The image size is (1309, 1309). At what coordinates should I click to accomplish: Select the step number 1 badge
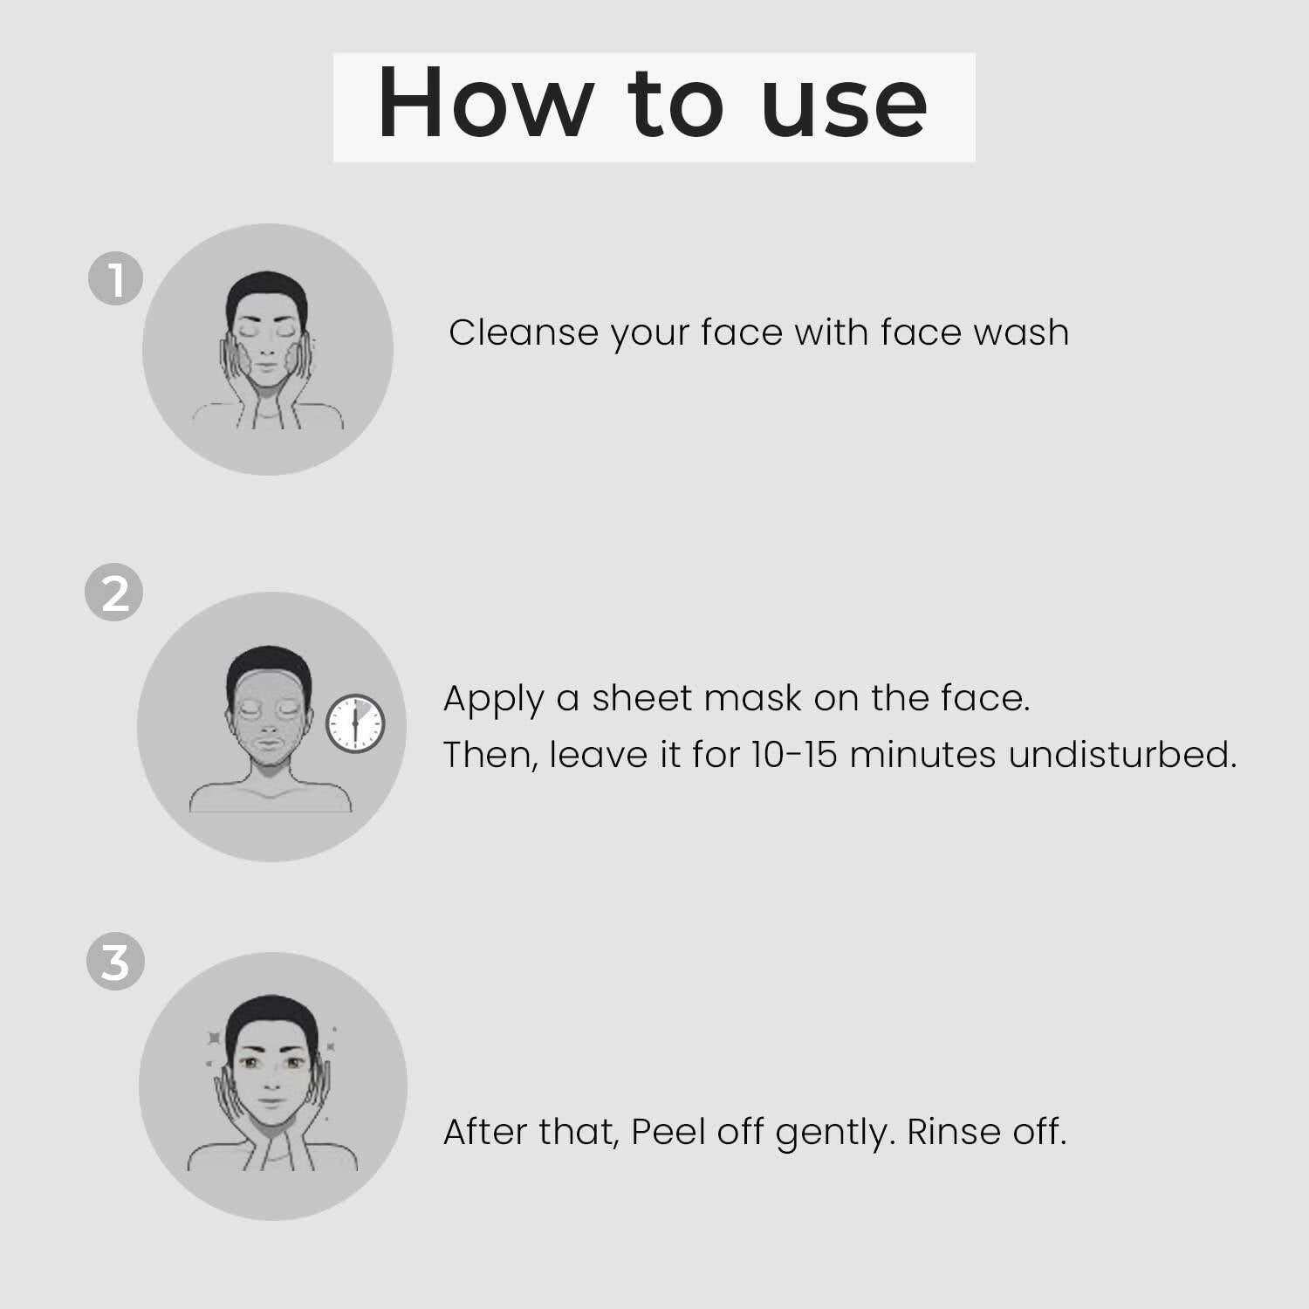[x=115, y=279]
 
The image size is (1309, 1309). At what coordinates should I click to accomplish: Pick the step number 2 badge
[x=114, y=593]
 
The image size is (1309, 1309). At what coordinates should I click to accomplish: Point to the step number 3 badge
[x=115, y=963]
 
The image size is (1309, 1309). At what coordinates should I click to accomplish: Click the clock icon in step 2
[x=355, y=723]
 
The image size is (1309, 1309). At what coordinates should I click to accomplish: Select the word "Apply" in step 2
[x=493, y=699]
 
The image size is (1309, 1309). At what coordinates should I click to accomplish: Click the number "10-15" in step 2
[x=793, y=755]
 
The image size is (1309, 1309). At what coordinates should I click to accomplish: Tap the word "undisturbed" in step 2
[x=1122, y=755]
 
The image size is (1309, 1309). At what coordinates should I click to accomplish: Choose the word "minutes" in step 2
[x=922, y=755]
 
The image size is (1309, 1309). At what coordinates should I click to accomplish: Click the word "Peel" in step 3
[x=668, y=1132]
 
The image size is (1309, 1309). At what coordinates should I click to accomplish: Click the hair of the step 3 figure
[x=271, y=1012]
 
